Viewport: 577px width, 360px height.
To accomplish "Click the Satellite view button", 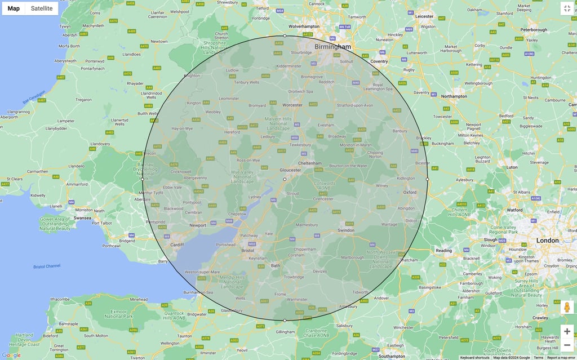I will click(x=42, y=8).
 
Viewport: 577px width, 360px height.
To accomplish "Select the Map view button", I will click(x=14, y=8).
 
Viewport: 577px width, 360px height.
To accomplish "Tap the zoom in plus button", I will click(x=567, y=331).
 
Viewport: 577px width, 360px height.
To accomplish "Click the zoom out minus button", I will click(x=567, y=345).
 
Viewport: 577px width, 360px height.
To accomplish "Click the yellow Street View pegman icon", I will click(x=567, y=307).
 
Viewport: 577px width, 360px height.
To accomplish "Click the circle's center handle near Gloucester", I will click(x=285, y=179).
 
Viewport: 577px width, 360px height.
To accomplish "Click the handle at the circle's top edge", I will click(x=285, y=36).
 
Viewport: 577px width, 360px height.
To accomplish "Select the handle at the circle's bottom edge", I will click(x=285, y=321).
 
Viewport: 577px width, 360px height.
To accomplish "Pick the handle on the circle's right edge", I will click(x=427, y=179).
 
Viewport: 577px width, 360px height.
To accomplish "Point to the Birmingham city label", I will click(x=332, y=47).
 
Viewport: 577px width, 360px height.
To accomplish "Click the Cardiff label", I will click(x=177, y=245).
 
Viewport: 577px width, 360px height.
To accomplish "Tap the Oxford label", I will click(x=410, y=192).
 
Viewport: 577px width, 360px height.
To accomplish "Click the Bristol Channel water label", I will click(x=47, y=266).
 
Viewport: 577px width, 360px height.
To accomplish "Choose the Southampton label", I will click(x=392, y=356).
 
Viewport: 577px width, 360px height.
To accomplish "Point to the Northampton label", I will click(x=455, y=96).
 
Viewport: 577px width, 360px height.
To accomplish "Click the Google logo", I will click(x=11, y=355).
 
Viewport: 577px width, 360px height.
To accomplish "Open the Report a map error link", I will click(x=561, y=358).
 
